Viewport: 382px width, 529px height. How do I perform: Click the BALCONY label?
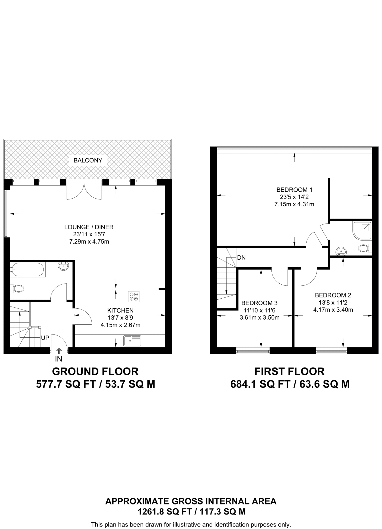click(88, 160)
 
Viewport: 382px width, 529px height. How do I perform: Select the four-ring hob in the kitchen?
click(134, 296)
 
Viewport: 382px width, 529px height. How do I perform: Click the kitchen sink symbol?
click(132, 341)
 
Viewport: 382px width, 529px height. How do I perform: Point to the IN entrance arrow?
click(59, 351)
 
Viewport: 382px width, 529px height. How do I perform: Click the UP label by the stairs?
click(45, 338)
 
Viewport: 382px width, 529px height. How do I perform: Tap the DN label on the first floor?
click(241, 258)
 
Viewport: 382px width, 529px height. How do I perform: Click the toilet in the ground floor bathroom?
click(18, 289)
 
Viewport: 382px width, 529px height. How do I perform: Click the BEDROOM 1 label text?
click(294, 190)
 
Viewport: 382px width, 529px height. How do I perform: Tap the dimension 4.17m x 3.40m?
click(333, 310)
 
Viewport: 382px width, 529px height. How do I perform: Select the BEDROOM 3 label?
click(259, 303)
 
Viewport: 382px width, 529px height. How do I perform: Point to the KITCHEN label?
click(120, 310)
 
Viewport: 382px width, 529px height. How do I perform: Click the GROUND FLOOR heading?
click(95, 371)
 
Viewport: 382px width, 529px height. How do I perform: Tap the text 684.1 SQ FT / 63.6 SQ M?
click(290, 384)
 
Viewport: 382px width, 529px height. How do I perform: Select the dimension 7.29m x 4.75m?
click(89, 242)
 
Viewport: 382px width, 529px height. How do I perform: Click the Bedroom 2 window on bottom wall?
click(331, 351)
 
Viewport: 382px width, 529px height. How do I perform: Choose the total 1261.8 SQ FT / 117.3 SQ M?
click(191, 511)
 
